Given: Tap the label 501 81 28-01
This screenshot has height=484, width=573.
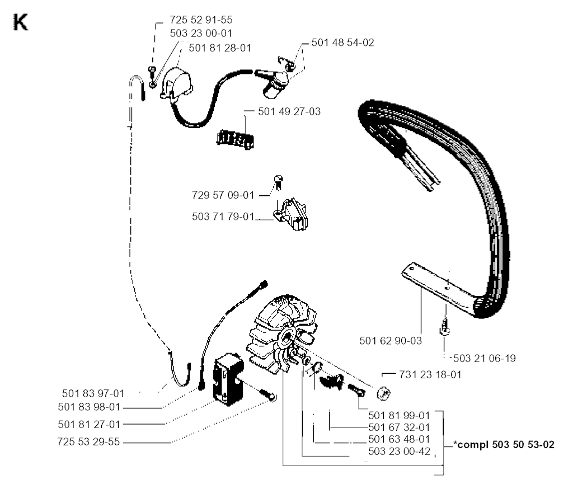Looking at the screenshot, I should [220, 48].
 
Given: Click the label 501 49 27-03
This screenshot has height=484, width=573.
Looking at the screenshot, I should [289, 111].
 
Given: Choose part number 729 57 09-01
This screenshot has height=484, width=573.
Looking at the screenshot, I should [223, 196].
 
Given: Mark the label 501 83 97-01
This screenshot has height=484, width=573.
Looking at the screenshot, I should [93, 393].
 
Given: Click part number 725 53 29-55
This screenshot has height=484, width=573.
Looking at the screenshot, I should [88, 443].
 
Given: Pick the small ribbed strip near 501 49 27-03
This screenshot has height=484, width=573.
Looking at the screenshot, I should [236, 138].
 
